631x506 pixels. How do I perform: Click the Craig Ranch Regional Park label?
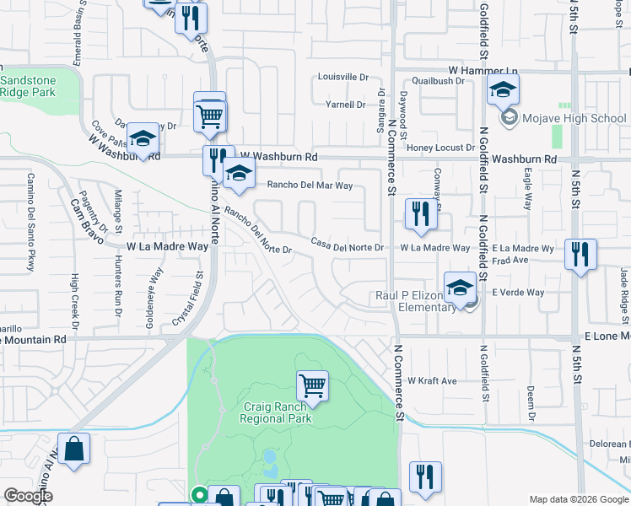pos(276,412)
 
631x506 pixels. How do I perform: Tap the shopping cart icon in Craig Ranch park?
pos(312,387)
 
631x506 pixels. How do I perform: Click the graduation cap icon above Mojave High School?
pos(504,89)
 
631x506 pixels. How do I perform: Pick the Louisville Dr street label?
pos(343,77)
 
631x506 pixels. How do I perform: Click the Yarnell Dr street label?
pos(345,105)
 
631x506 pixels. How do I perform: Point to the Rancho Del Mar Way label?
pos(310,186)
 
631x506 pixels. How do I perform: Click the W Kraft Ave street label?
pos(432,381)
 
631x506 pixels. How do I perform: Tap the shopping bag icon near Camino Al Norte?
pos(74,450)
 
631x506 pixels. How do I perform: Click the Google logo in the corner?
pos(28,497)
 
